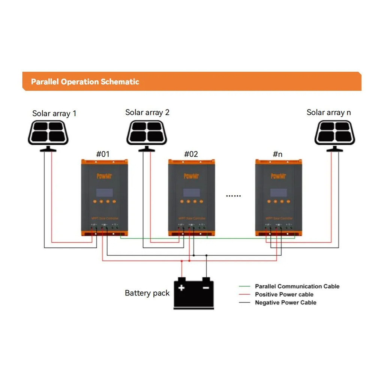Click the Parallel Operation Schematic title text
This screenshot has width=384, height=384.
85,82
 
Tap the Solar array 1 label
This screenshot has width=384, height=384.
54,113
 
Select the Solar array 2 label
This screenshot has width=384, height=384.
147,112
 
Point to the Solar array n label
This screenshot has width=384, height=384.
329,112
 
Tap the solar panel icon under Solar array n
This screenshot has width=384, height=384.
334,132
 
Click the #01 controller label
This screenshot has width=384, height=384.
103,154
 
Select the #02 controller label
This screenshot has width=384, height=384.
191,154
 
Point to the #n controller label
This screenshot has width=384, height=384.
277,154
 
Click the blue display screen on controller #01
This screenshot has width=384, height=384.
105,193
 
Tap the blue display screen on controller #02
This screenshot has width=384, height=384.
191,193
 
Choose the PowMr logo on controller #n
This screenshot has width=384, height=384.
278,176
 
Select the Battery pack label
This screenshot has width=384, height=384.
147,293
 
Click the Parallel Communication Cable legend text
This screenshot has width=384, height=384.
297,286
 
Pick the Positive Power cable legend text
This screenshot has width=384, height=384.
284,295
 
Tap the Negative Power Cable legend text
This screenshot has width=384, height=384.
285,303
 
